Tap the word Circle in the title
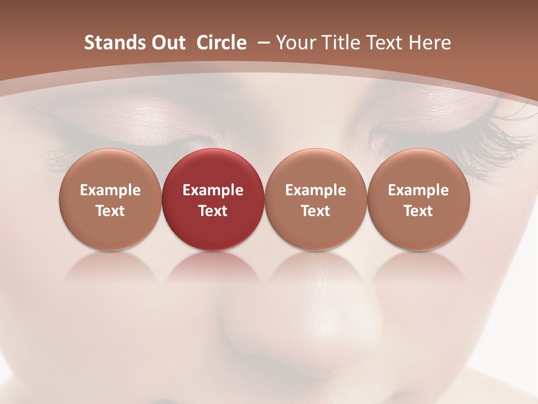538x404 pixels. point(221,43)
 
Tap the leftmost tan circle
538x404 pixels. point(110,199)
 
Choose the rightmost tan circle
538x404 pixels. point(419,199)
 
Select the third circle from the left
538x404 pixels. point(316,199)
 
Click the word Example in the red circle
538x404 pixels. point(213,190)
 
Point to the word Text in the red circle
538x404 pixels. point(213,211)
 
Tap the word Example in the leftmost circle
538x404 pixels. point(110,190)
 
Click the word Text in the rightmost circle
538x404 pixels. point(419,211)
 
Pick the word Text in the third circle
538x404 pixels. point(316,211)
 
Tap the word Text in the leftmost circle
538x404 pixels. point(110,211)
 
